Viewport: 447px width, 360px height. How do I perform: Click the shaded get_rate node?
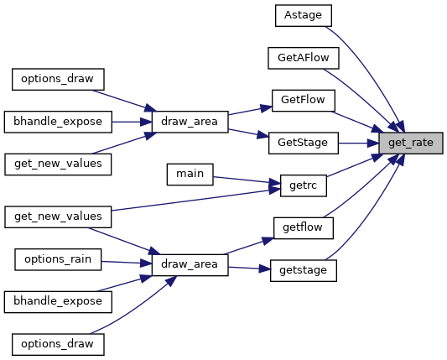point(411,143)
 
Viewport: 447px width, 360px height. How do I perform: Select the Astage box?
point(304,15)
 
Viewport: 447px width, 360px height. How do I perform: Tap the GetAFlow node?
point(304,58)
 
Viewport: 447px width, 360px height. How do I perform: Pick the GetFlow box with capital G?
point(304,101)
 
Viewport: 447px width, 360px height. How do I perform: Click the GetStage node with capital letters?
point(304,143)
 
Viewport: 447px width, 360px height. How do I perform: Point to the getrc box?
point(304,185)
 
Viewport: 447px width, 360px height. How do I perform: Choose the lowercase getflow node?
point(304,228)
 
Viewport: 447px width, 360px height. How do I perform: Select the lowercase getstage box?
point(304,270)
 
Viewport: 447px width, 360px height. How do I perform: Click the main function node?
point(190,175)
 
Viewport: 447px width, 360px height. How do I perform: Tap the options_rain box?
point(58,259)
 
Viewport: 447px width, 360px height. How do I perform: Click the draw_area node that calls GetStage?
point(190,122)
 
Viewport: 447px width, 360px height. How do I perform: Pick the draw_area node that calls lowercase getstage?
point(190,265)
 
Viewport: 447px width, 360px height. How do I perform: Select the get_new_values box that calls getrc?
point(58,217)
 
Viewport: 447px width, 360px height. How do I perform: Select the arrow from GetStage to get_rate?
point(359,143)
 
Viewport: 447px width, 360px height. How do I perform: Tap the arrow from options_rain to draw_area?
point(127,263)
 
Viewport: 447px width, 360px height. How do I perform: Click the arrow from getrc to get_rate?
point(355,165)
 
